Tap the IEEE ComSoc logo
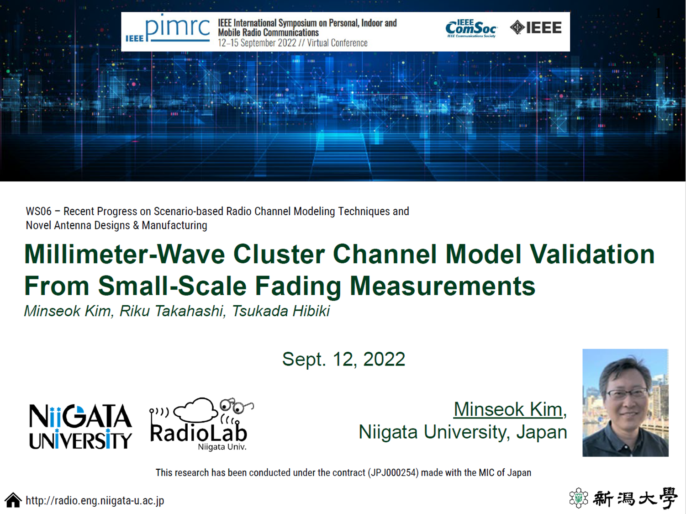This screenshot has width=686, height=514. (471, 28)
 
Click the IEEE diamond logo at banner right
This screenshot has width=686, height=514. (536, 28)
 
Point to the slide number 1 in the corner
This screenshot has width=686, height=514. (658, 13)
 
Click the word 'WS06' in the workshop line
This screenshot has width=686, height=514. (38, 212)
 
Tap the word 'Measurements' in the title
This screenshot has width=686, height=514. (442, 286)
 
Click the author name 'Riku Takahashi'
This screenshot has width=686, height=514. (172, 311)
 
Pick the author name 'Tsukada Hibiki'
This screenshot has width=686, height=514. (280, 311)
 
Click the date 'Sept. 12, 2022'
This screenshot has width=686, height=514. (343, 359)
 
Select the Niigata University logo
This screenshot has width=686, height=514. (80, 426)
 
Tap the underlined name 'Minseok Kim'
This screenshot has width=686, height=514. (508, 409)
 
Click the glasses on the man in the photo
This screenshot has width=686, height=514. (627, 393)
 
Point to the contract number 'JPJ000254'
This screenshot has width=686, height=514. (393, 472)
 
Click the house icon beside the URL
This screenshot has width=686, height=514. (13, 500)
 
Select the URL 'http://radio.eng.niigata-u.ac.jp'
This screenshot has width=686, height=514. (95, 501)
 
